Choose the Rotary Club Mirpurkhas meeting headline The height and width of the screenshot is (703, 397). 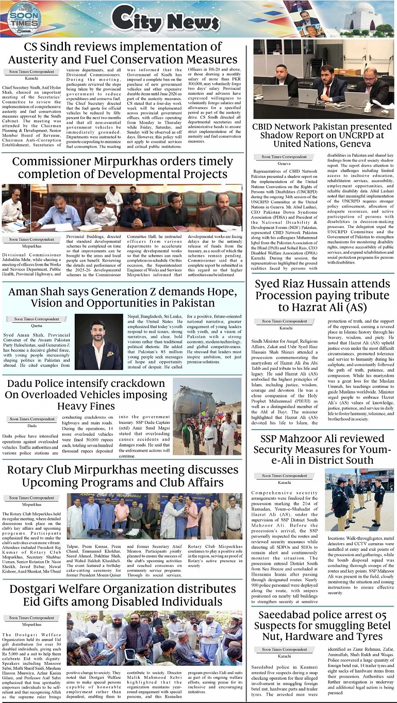(x=122, y=476)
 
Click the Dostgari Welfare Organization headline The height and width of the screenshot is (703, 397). (x=122, y=595)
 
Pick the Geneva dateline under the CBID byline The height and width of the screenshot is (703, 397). (x=284, y=163)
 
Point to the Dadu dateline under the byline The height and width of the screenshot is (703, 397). (x=32, y=426)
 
